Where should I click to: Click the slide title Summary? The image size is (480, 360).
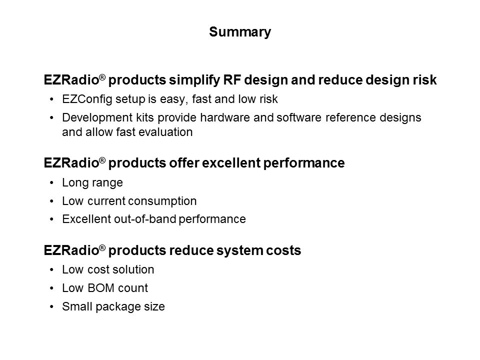[240, 32]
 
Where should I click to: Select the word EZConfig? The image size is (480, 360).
[87, 99]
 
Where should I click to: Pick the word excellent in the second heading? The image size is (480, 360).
[231, 163]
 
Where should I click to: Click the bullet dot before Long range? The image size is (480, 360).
[51, 183]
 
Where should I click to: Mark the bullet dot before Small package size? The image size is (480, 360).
[51, 306]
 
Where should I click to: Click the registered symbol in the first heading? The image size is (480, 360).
[102, 77]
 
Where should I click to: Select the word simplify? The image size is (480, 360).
[194, 80]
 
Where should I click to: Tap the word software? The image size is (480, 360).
[299, 117]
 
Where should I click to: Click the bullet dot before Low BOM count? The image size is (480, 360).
[51, 288]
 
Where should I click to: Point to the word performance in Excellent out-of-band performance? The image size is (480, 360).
[212, 219]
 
